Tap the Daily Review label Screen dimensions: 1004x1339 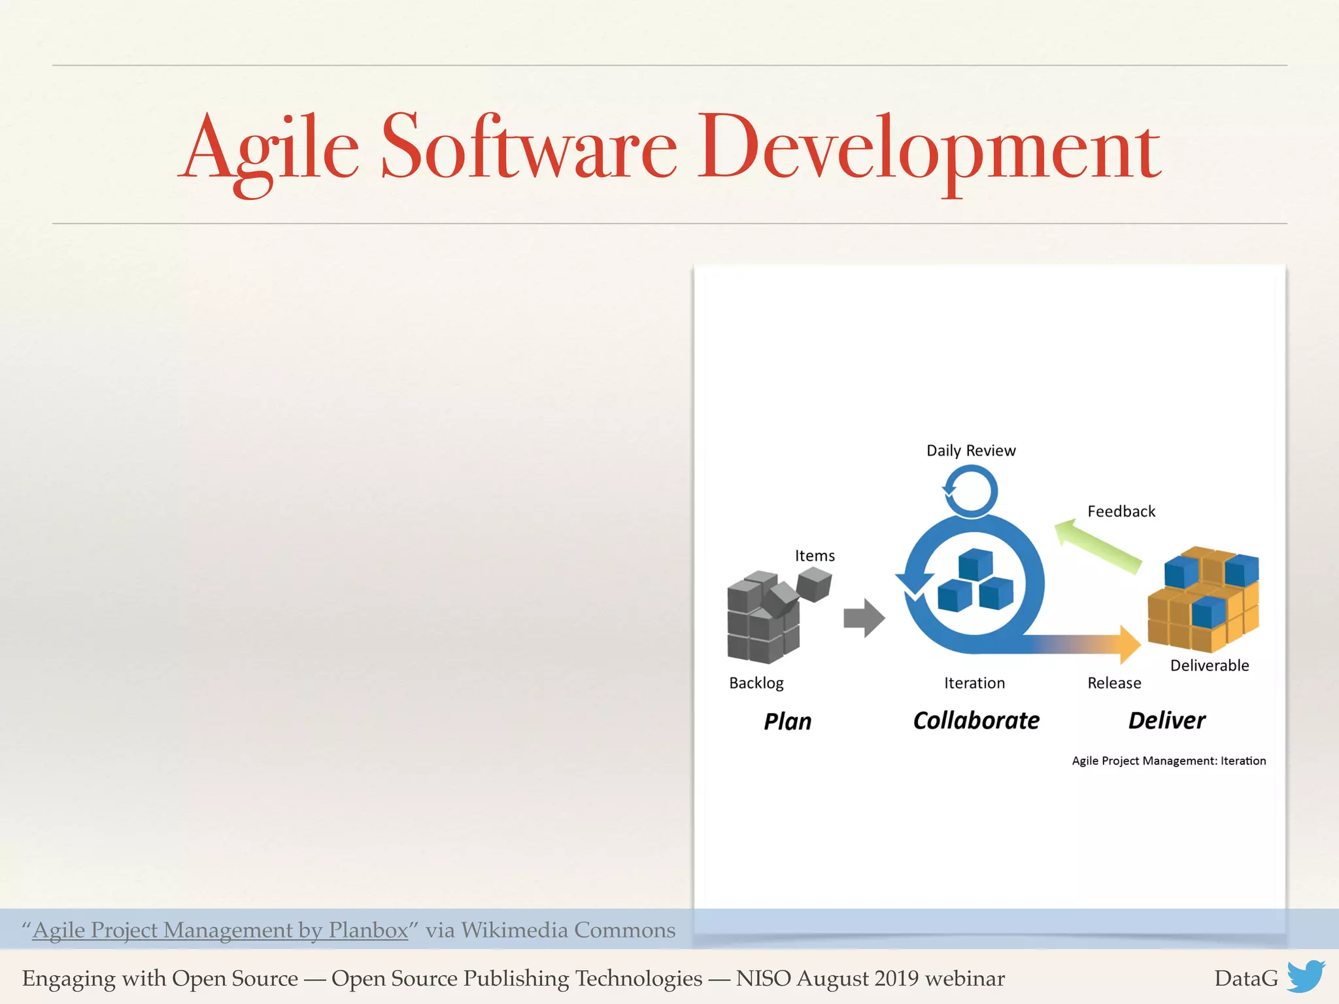[x=970, y=450]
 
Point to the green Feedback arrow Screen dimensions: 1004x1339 [x=1098, y=546]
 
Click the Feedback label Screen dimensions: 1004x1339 [x=1121, y=511]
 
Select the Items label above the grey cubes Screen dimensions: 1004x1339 [x=814, y=556]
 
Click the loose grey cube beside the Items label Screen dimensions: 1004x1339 [x=814, y=584]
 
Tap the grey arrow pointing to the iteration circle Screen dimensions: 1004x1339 [x=864, y=618]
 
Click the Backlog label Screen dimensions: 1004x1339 [x=756, y=683]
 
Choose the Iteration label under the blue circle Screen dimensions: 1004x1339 [x=974, y=683]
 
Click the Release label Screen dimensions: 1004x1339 [x=1114, y=683]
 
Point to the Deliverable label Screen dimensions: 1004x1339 [x=1209, y=665]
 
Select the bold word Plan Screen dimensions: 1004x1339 [x=787, y=722]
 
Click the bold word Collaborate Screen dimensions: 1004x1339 [x=975, y=720]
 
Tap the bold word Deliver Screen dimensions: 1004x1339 [x=1166, y=720]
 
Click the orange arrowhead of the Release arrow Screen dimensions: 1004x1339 [x=1128, y=644]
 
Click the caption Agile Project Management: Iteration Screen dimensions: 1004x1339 [x=1168, y=761]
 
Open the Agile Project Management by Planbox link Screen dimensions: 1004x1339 [x=220, y=930]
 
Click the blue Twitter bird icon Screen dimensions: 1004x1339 [x=1306, y=977]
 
